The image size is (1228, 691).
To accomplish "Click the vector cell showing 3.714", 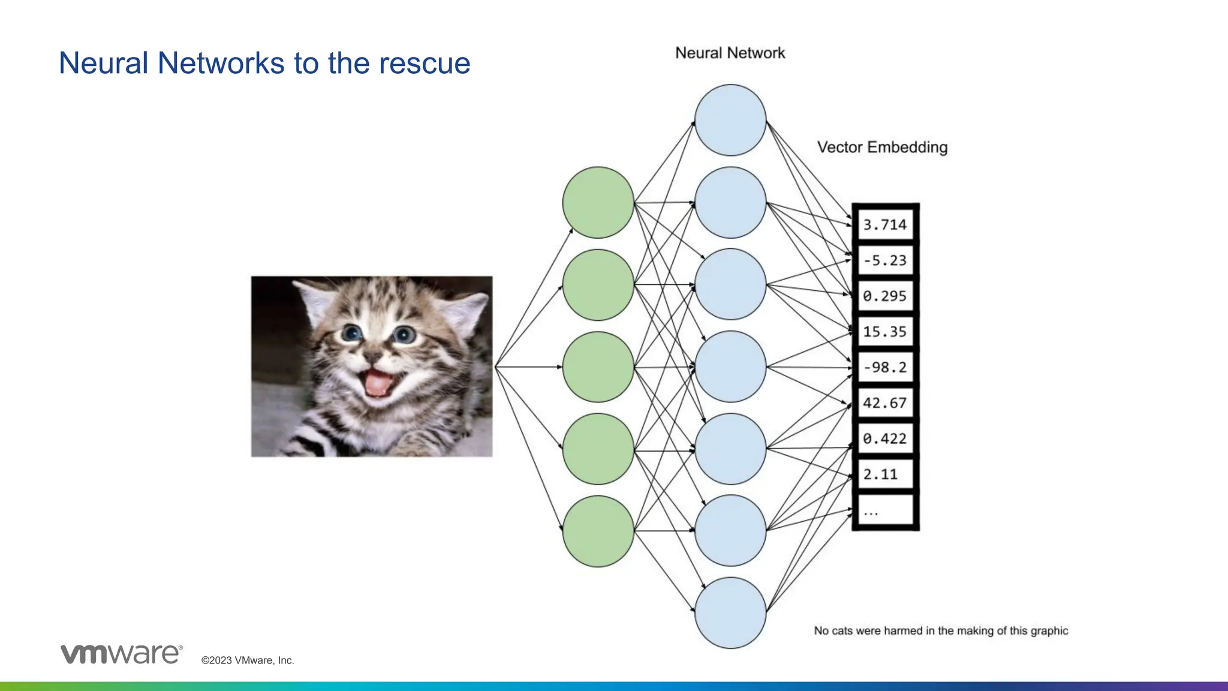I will click(885, 225).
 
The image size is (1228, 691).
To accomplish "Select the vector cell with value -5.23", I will click(885, 260).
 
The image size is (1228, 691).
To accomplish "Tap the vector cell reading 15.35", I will click(885, 332).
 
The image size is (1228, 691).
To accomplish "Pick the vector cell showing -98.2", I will click(885, 367).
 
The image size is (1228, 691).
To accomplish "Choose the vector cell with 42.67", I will click(885, 403).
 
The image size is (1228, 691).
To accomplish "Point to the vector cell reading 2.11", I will click(885, 474).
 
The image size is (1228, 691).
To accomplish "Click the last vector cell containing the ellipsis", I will click(885, 511).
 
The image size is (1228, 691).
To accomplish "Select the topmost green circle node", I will click(598, 202).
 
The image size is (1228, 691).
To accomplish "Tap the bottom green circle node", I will click(598, 531).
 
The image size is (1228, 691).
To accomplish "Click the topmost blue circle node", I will click(730, 120).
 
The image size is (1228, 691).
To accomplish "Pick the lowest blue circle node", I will click(730, 612).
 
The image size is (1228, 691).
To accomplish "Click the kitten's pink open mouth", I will click(378, 383).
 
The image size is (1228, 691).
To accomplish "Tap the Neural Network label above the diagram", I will click(730, 53).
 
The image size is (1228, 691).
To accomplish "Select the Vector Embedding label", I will click(882, 148).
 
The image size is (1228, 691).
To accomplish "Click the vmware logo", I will click(121, 654).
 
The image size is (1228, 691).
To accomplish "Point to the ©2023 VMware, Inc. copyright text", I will click(248, 660).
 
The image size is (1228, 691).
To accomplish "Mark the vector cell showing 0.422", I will click(885, 438).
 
